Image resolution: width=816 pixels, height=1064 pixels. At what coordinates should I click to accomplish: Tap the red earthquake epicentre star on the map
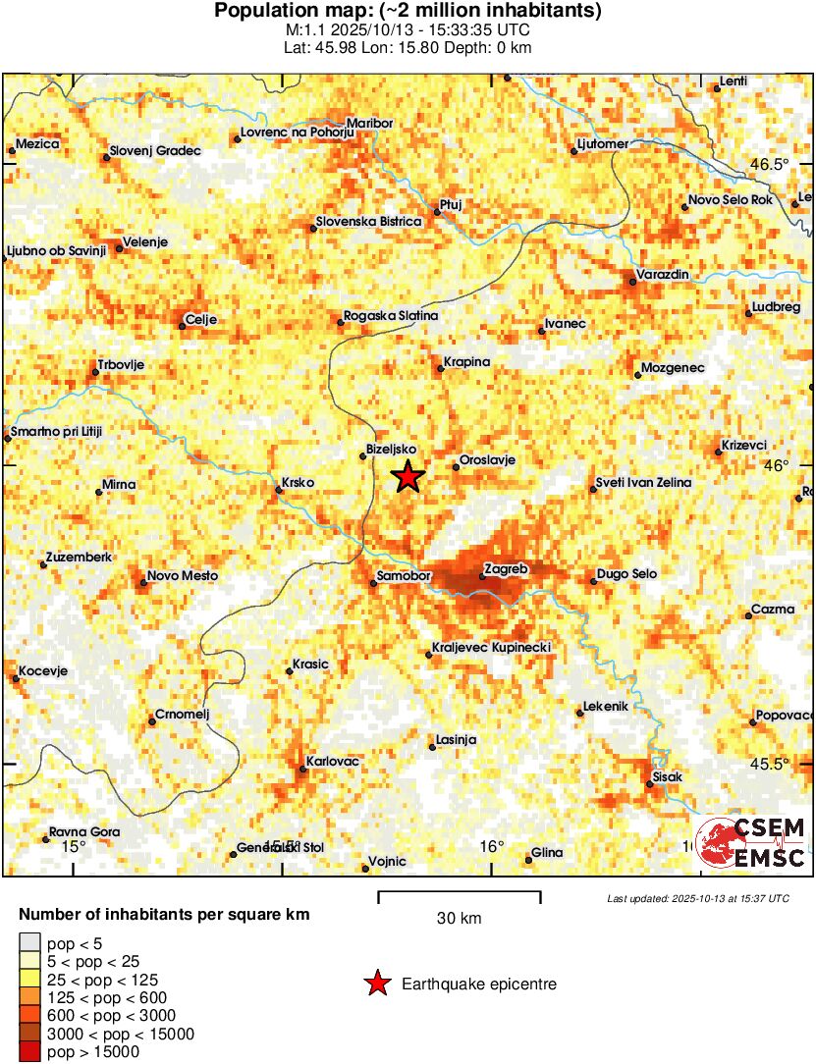click(x=408, y=477)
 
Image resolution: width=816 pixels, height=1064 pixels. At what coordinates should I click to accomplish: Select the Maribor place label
click(x=370, y=123)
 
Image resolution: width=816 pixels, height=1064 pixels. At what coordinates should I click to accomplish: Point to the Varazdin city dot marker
click(x=631, y=283)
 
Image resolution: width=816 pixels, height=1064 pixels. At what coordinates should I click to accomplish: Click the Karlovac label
click(x=333, y=761)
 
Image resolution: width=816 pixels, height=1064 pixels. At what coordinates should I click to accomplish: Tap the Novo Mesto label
click(x=183, y=576)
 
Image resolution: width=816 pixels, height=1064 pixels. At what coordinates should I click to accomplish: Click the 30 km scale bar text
click(x=459, y=919)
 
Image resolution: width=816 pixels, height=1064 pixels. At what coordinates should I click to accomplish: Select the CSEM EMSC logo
click(x=753, y=843)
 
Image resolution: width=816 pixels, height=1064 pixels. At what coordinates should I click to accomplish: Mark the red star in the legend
click(x=376, y=984)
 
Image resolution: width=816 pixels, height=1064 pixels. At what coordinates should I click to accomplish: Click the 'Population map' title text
click(x=408, y=12)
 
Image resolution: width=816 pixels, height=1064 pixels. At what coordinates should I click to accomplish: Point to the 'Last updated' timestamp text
click(x=697, y=898)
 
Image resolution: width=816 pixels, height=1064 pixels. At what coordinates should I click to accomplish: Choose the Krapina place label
click(x=466, y=362)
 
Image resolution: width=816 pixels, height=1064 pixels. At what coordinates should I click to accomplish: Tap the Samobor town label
click(x=405, y=576)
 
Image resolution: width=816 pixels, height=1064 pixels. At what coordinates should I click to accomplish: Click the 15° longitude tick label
click(x=74, y=845)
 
